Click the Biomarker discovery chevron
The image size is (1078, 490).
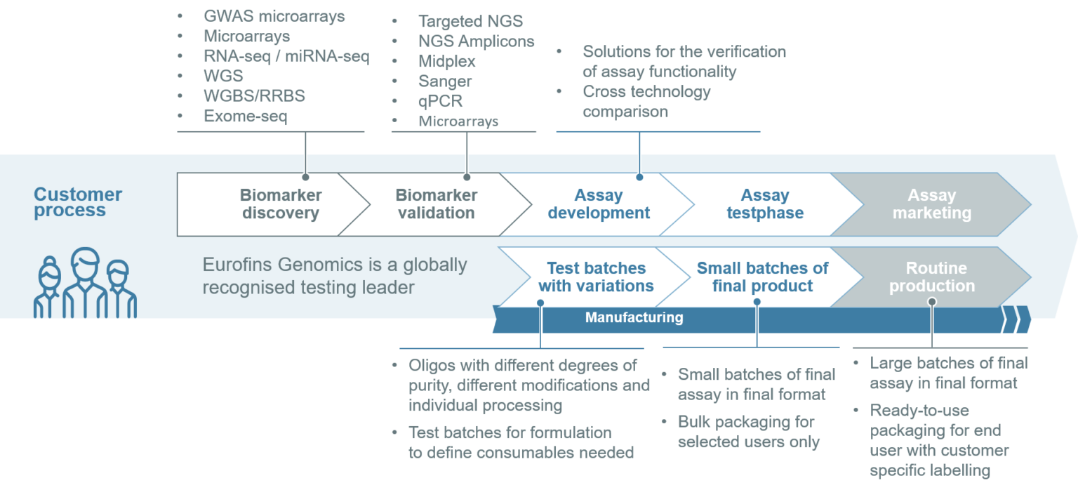point(280,204)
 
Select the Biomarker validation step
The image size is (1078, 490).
point(436,204)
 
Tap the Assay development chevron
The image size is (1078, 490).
point(598,204)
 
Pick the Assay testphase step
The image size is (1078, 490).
point(764,204)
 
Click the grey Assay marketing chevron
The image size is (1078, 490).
point(931,204)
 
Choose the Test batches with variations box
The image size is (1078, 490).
point(595,277)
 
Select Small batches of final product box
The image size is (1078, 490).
point(762,277)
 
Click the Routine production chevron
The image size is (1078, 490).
point(931,277)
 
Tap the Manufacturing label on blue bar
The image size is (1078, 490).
point(634,318)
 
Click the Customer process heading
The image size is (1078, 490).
point(78,202)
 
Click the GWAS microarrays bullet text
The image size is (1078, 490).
point(274,16)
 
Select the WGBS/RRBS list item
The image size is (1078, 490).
point(254,95)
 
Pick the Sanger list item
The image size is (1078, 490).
point(445,81)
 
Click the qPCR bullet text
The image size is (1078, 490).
point(440,101)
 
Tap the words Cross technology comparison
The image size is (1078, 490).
point(646,102)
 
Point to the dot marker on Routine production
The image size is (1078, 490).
point(932,302)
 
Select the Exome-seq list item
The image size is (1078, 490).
point(245,116)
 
